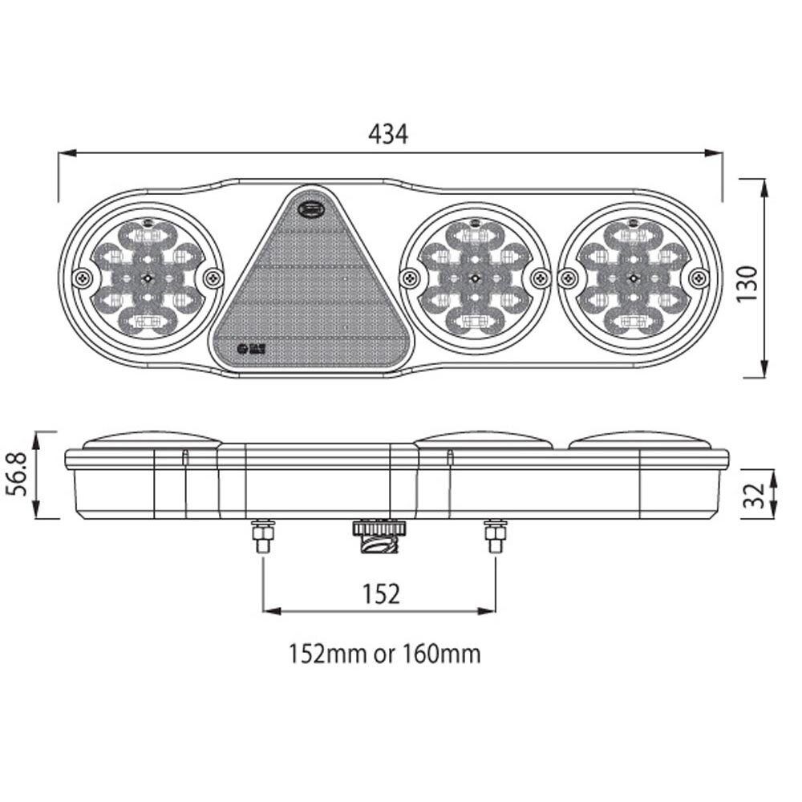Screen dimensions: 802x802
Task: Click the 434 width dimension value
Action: point(388,134)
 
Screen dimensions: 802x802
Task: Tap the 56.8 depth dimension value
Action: point(20,474)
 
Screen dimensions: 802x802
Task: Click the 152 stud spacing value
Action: point(380,593)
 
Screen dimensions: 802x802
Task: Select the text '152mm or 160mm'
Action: point(385,654)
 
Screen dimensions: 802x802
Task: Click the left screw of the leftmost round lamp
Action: point(81,278)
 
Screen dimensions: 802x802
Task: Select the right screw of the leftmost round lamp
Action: point(212,278)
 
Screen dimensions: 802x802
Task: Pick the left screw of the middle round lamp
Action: point(411,277)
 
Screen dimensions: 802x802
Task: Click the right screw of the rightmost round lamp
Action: point(699,277)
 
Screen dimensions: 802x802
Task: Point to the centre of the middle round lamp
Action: point(476,277)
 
